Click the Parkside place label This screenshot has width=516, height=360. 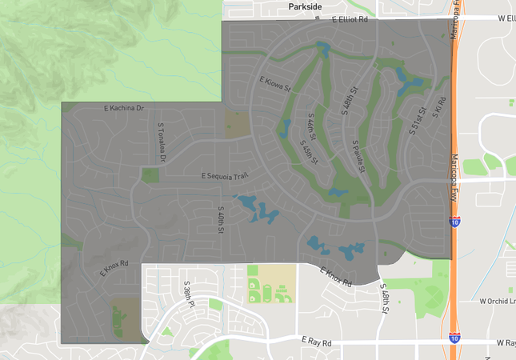click(305, 6)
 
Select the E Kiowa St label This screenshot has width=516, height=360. click(273, 81)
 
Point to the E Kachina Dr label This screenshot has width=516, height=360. click(122, 107)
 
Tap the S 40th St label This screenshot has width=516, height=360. click(219, 218)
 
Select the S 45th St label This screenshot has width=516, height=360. click(309, 152)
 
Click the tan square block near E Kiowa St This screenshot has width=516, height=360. click(237, 124)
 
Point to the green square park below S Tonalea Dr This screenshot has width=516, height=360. click(150, 175)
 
